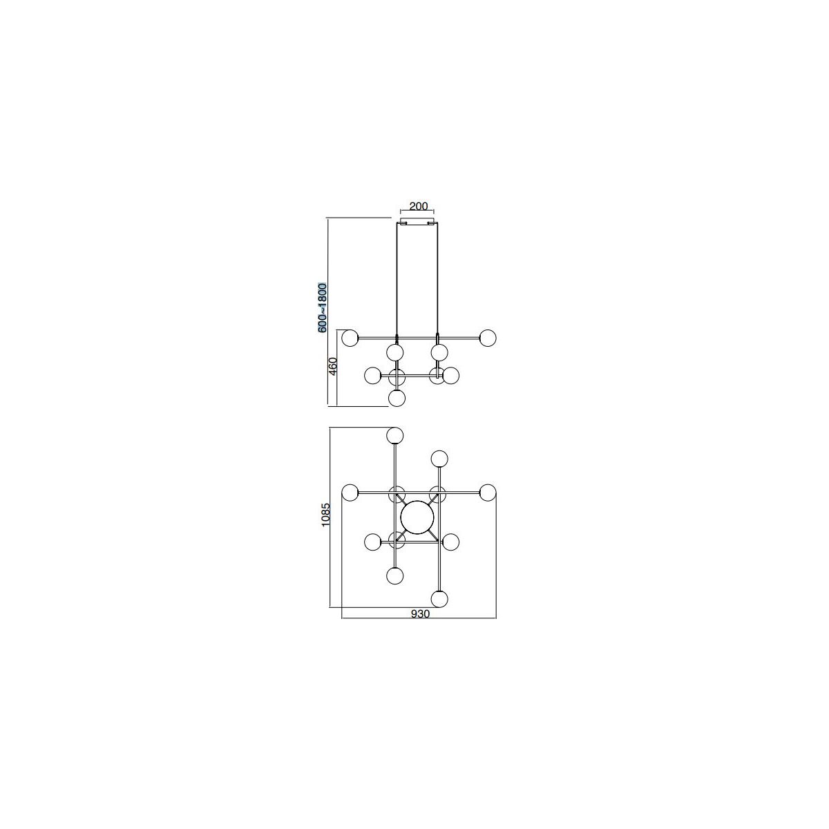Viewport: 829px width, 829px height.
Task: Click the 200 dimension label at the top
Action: coord(418,206)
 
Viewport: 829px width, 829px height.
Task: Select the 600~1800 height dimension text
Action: coord(323,307)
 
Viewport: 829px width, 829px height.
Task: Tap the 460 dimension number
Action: coord(333,366)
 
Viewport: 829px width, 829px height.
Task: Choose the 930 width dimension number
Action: coord(420,614)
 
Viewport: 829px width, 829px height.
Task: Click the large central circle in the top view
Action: coord(417,517)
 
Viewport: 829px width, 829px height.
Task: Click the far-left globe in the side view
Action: coord(350,338)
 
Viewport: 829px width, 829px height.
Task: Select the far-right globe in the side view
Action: coord(488,338)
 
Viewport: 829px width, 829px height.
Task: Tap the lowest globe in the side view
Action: coord(397,398)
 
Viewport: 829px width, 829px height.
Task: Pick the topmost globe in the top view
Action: coord(395,435)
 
